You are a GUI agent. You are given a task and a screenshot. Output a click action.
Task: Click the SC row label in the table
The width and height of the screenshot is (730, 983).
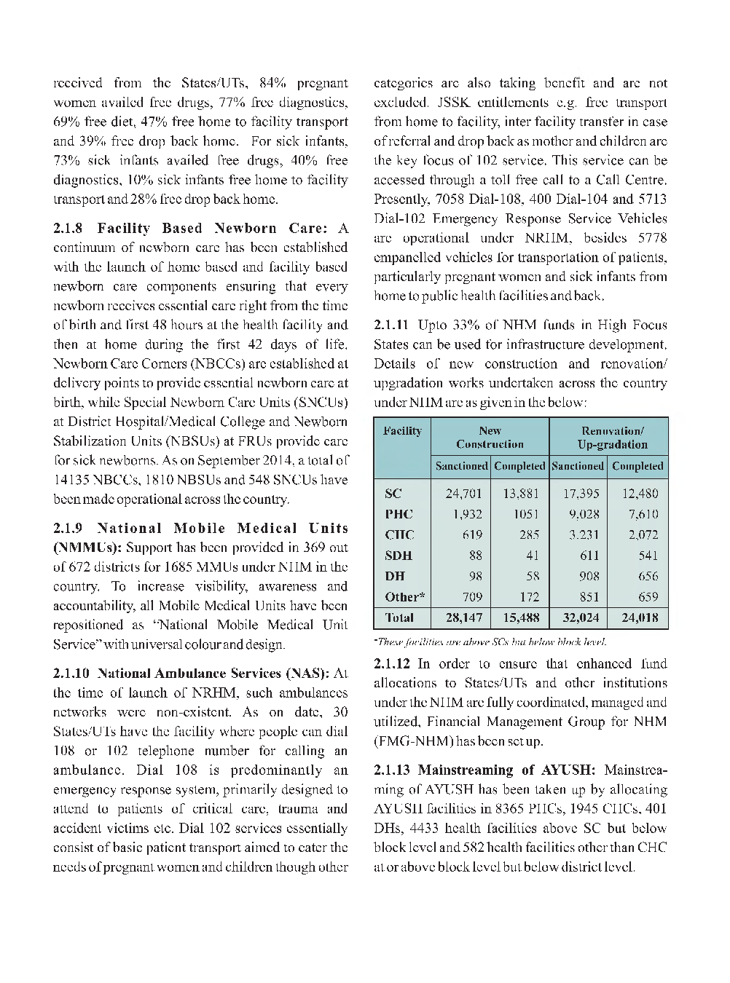tap(393, 494)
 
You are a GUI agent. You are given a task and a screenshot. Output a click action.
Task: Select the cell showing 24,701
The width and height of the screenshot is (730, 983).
tap(463, 494)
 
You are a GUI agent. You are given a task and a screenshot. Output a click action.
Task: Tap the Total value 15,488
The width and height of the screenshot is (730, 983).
tap(521, 618)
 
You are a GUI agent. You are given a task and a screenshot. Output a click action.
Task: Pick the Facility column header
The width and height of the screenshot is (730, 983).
tap(402, 431)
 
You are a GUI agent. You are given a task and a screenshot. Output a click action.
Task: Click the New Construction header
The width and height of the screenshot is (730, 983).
tap(490, 438)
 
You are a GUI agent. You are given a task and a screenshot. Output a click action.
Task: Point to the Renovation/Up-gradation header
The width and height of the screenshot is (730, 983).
tap(612, 438)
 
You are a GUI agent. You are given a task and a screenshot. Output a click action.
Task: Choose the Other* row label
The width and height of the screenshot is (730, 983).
tap(405, 597)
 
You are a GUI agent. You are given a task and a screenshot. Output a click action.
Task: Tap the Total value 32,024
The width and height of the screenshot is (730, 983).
tap(581, 618)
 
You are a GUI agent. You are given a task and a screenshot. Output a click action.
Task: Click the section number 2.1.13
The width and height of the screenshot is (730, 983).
tap(392, 770)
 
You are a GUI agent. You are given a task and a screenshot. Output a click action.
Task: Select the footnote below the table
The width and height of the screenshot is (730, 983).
tap(490, 641)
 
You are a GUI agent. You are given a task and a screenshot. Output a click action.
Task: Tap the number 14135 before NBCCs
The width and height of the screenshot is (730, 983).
tap(71, 480)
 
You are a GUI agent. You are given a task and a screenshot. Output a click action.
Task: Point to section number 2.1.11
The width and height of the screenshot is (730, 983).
tap(392, 325)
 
